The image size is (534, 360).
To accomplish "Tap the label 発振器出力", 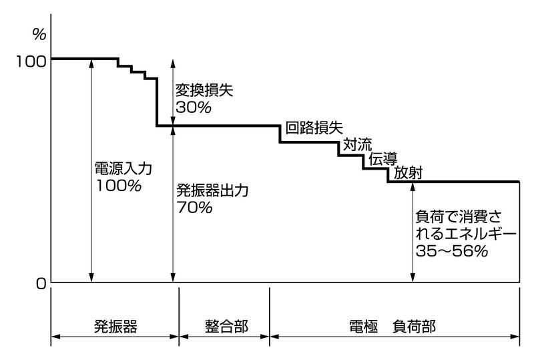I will tap(212, 191).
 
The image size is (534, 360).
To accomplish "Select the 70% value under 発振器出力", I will tap(194, 208).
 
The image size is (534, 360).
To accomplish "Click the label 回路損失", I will tap(314, 128).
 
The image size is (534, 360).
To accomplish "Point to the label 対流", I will tap(358, 144).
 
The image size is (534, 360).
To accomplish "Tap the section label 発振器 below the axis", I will tap(115, 327).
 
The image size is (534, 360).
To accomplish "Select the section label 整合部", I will tap(225, 327).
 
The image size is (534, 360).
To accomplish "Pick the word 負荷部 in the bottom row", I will tap(415, 327).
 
